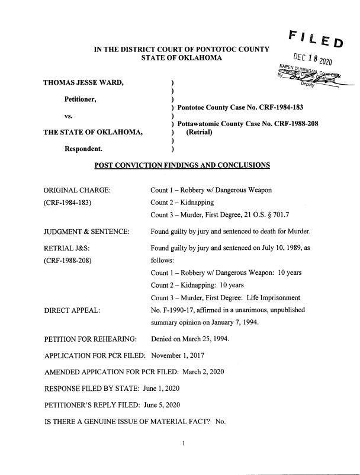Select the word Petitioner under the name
click(x=82, y=100)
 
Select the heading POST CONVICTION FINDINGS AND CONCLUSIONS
click(x=182, y=165)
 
